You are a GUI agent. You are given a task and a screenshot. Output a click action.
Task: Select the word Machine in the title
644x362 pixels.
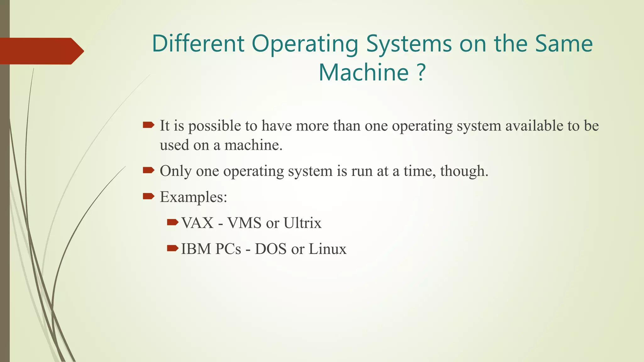(364, 72)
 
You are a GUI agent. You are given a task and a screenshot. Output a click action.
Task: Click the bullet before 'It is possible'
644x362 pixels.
(148, 125)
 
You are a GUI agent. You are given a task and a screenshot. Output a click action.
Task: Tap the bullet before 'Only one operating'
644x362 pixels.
(148, 171)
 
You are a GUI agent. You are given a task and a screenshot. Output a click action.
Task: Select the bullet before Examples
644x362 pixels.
(148, 197)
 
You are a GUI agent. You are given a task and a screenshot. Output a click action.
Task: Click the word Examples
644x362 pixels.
(193, 197)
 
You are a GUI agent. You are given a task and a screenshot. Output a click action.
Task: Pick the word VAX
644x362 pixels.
(197, 223)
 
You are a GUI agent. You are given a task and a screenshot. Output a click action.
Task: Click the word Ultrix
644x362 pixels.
(302, 223)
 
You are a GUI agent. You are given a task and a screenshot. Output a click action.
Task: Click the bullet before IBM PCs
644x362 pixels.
(173, 249)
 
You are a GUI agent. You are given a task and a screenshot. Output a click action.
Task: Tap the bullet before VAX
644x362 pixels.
(173, 222)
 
